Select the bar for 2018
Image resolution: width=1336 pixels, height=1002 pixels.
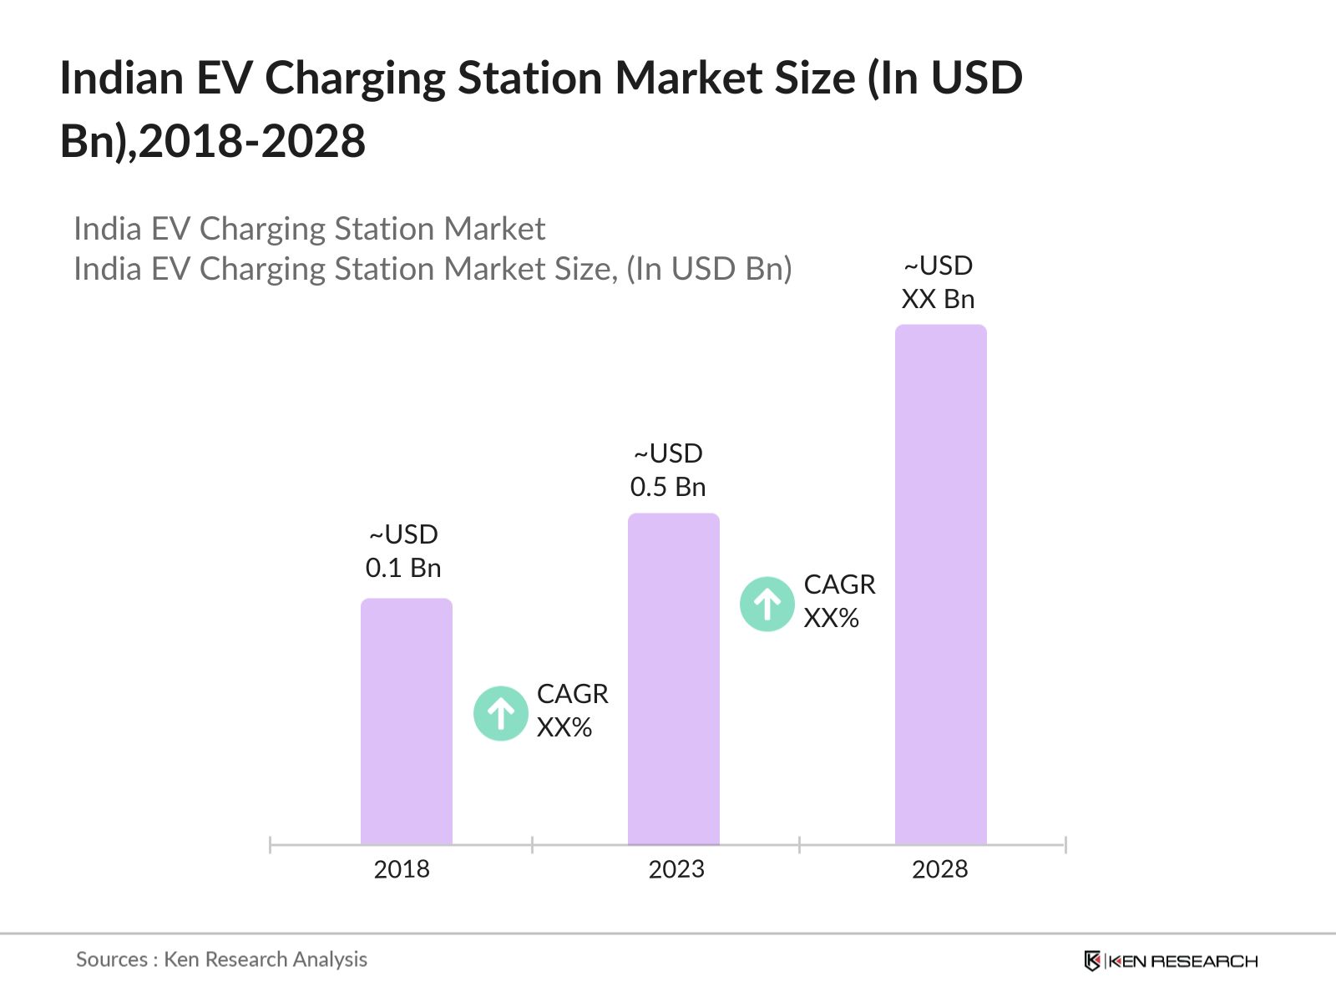point(407,722)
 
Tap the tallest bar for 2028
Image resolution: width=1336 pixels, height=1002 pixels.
point(940,584)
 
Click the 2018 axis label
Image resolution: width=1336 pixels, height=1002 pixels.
point(402,870)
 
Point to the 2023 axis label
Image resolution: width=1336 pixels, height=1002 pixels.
point(676,870)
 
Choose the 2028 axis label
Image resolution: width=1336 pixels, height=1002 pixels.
point(939,870)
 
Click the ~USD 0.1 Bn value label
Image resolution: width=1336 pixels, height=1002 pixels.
point(403,551)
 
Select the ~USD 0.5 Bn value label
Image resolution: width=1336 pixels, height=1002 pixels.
point(668,470)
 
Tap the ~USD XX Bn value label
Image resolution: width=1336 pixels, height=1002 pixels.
point(938,282)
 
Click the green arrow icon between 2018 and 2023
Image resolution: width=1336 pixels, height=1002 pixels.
point(500,713)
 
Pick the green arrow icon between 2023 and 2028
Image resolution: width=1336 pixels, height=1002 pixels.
point(767,604)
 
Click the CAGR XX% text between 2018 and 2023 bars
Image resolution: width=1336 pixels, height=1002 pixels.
point(572,711)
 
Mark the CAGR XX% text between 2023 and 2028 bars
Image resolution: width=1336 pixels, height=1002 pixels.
point(839,601)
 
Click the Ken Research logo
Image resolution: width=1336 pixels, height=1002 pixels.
point(1171,961)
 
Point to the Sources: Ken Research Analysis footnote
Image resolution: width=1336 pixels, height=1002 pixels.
point(221,959)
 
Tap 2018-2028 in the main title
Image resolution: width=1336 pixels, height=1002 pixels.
point(252,141)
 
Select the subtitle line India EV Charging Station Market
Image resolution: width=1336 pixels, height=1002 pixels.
point(309,229)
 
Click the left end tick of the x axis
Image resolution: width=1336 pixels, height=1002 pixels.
point(271,845)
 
